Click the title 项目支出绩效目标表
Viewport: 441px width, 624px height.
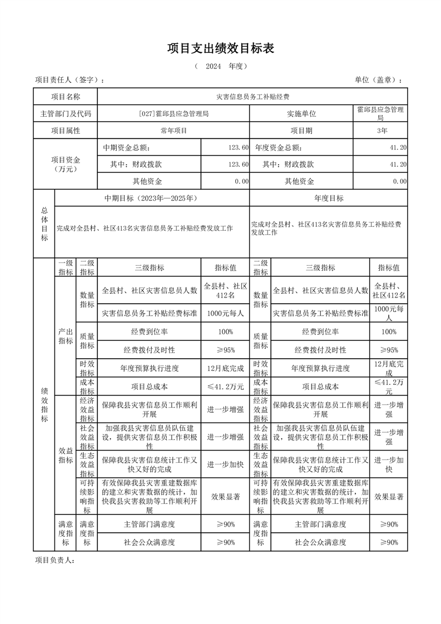pos(221,48)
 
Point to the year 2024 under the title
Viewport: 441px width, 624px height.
pos(214,67)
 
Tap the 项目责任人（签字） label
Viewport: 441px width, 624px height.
pos(69,81)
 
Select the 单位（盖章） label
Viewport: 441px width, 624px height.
pos(378,81)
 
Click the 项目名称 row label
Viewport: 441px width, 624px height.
pos(66,97)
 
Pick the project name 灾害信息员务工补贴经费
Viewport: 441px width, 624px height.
pos(252,97)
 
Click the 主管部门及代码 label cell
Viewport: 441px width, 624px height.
pos(66,114)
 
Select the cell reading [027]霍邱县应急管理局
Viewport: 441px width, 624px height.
pos(174,114)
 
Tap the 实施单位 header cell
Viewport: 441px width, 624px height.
pos(301,114)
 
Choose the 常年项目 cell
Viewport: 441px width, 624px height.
pos(174,131)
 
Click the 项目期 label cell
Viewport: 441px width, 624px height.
pos(301,131)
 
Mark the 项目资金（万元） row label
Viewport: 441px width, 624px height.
pos(66,164)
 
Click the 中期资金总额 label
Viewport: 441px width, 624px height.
pos(126,148)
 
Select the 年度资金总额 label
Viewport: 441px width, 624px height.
pos(279,148)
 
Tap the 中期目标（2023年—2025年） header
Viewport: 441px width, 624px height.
pos(151,198)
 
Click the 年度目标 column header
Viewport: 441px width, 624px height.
pos(329,198)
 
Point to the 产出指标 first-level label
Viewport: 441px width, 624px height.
pos(66,336)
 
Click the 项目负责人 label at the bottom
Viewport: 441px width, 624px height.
pos(54,560)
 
